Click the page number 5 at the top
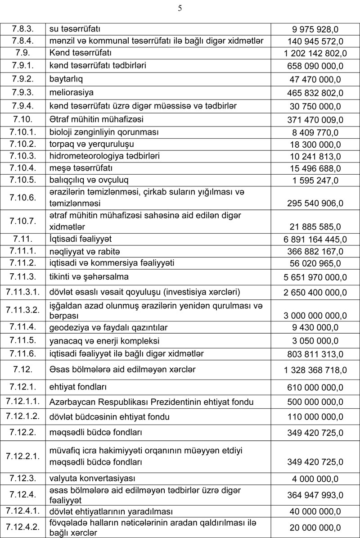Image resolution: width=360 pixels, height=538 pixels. point(180,8)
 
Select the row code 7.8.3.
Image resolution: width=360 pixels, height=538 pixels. point(22,29)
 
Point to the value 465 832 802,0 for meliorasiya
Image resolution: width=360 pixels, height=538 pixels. point(315,93)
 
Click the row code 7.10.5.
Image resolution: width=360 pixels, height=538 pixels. point(22,180)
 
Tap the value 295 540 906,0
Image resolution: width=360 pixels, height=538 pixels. point(315,203)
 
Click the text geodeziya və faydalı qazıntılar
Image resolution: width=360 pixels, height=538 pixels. point(108,328)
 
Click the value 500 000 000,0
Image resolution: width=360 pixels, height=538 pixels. point(315,402)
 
